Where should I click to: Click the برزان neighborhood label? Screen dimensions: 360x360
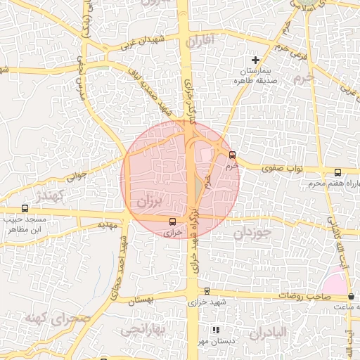pos(149,202)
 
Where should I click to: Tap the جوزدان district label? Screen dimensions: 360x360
pos(252,232)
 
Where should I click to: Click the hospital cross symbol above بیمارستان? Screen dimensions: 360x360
pos(255,60)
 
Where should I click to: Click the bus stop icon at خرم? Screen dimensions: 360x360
pos(233,155)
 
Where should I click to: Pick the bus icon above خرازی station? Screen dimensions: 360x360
pos(173,219)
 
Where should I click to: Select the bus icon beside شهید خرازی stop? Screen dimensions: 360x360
pos(207,290)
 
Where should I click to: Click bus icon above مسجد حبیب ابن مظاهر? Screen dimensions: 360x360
pos(25,208)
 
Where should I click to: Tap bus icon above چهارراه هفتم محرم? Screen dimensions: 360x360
pos(337,172)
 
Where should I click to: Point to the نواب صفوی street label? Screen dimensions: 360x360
pos(281,169)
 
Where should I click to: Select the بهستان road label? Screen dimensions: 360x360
pos(137,300)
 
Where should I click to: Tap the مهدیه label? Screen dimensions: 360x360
pos(107,225)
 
